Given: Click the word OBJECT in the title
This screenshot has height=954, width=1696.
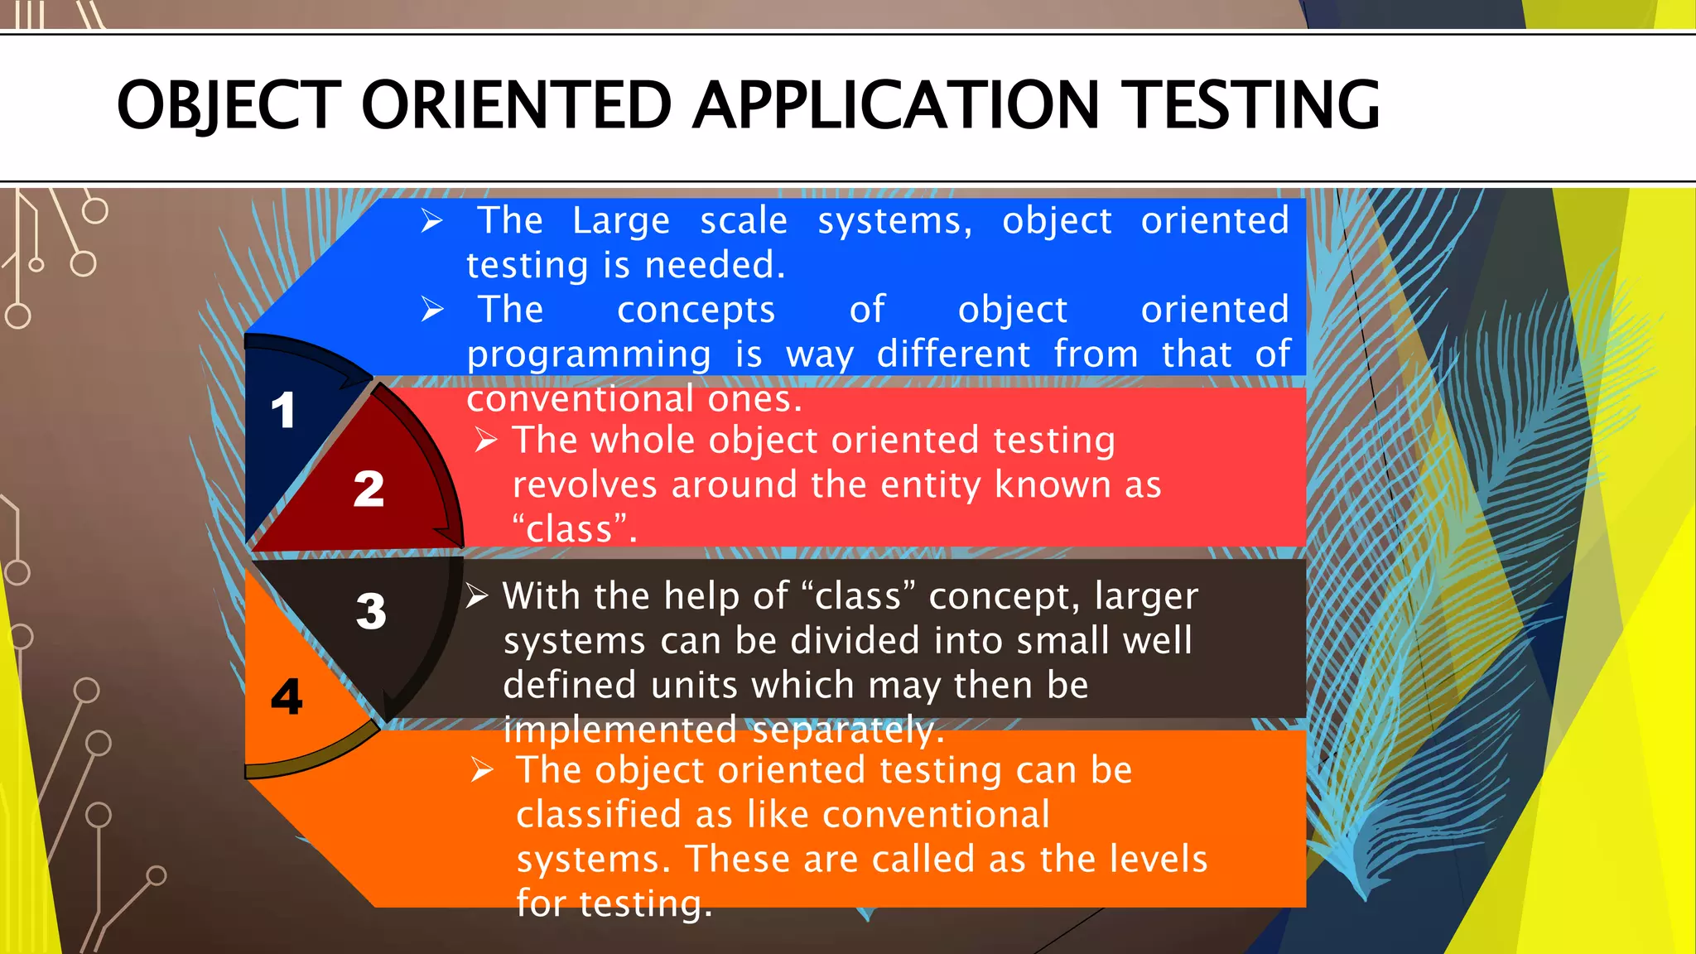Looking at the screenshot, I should pos(229,106).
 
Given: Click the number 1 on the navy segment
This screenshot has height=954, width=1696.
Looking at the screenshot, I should pos(282,411).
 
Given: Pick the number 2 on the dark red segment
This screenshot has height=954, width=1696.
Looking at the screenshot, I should pos(369,489).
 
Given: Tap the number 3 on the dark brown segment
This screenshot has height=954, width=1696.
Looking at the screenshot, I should pos(371,611).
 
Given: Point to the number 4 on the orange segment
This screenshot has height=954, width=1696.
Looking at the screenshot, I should pos(287,696).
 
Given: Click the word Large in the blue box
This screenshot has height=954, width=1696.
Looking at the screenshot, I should pos(620,221).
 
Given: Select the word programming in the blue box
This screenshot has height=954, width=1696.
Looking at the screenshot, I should pos(588,355).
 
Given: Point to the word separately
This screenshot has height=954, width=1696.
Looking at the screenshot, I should pos(848,730).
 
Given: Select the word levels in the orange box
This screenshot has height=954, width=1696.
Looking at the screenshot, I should pos(1159,859).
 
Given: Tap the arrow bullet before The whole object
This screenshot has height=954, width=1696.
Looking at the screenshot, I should pos(486,441).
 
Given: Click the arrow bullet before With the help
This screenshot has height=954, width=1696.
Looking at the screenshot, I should pos(477,596).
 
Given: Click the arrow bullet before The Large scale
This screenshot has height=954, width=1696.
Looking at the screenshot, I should pos(432,221).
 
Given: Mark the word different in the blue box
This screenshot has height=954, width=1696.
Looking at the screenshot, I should pos(953,355).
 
